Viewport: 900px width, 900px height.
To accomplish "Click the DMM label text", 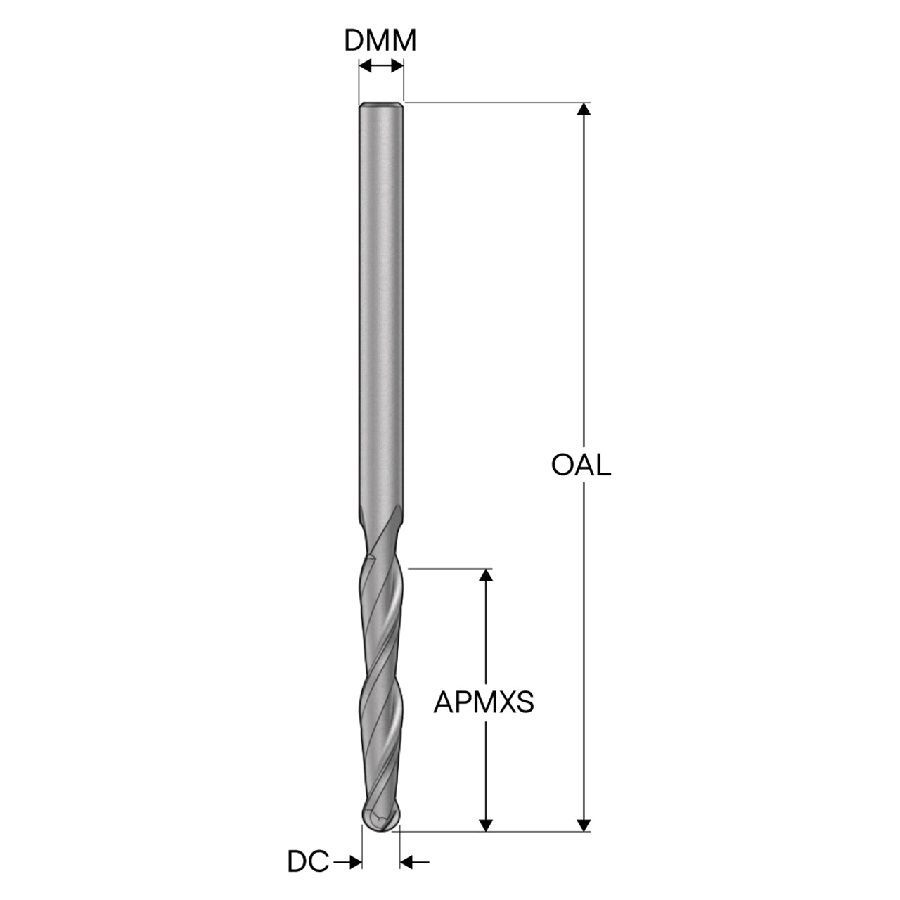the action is pyautogui.click(x=380, y=41).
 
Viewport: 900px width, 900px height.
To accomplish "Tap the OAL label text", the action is pyautogui.click(x=581, y=465).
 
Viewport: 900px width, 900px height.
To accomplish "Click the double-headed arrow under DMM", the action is pyautogui.click(x=381, y=66).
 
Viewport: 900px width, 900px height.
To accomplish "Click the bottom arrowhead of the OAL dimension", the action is pyautogui.click(x=584, y=825).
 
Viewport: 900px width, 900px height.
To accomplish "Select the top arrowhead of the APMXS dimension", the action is pyautogui.click(x=486, y=575).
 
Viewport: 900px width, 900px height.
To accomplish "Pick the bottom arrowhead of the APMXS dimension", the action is pyautogui.click(x=486, y=825).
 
